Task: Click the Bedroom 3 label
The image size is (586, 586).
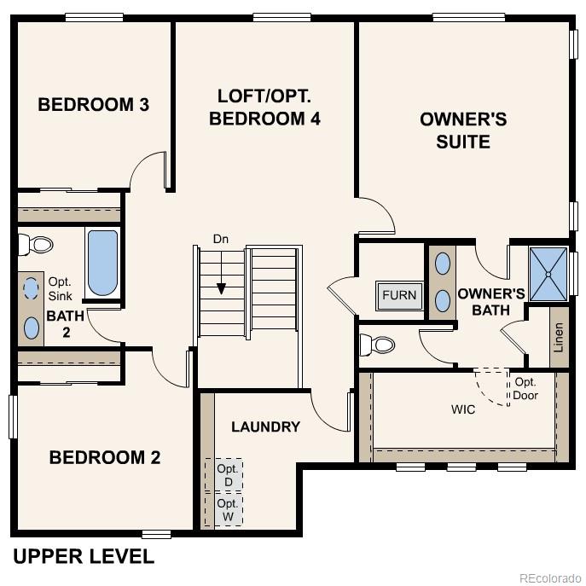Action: point(94,105)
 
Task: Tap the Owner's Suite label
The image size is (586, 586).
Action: point(463,130)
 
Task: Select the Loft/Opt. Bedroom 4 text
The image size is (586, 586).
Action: point(264,107)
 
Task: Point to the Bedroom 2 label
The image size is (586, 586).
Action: point(105,457)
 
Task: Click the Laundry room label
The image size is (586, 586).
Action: point(265,426)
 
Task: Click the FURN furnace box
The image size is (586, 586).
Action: point(399,295)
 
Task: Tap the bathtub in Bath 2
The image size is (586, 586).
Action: point(102,263)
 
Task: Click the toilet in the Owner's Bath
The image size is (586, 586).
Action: point(377,345)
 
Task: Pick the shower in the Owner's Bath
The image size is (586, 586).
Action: point(548,274)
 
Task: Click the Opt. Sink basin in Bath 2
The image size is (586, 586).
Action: point(32,287)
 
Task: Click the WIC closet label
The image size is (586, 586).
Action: point(463,409)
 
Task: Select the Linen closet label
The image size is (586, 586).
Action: point(559,339)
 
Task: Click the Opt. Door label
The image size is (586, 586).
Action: point(525,389)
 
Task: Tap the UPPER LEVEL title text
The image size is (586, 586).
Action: point(84,557)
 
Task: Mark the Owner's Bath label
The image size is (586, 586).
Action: point(484,301)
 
